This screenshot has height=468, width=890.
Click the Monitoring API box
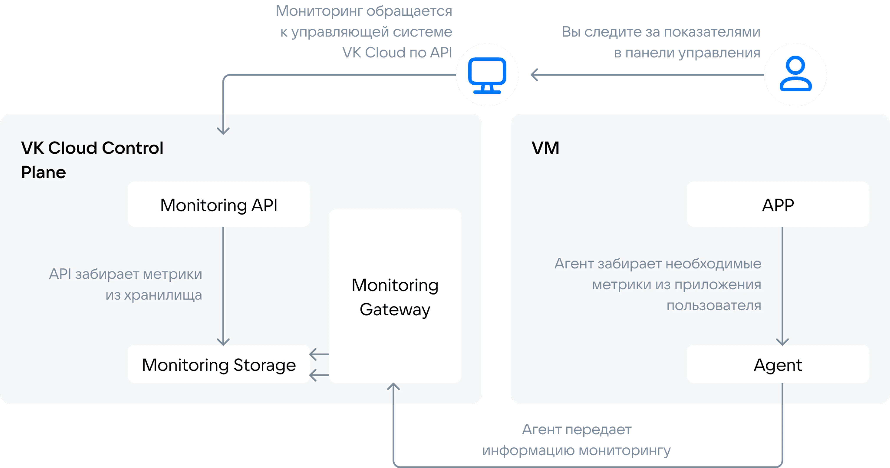[219, 204]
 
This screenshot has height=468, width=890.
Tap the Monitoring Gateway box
[395, 296]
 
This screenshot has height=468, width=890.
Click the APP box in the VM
[778, 204]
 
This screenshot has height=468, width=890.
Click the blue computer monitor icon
[487, 75]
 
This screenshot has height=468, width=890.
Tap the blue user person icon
[796, 74]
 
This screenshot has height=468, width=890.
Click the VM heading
[545, 148]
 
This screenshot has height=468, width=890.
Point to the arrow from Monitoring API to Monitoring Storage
[223, 286]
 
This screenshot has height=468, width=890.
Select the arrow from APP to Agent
[782, 286]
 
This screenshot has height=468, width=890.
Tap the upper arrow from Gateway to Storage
[319, 354]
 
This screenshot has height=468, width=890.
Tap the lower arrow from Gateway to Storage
[319, 375]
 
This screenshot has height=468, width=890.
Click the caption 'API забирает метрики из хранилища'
[125, 284]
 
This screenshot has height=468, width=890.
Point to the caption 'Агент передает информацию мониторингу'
[576, 440]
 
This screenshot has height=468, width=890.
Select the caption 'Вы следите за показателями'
[661, 32]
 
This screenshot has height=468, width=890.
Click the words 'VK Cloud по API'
[397, 53]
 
